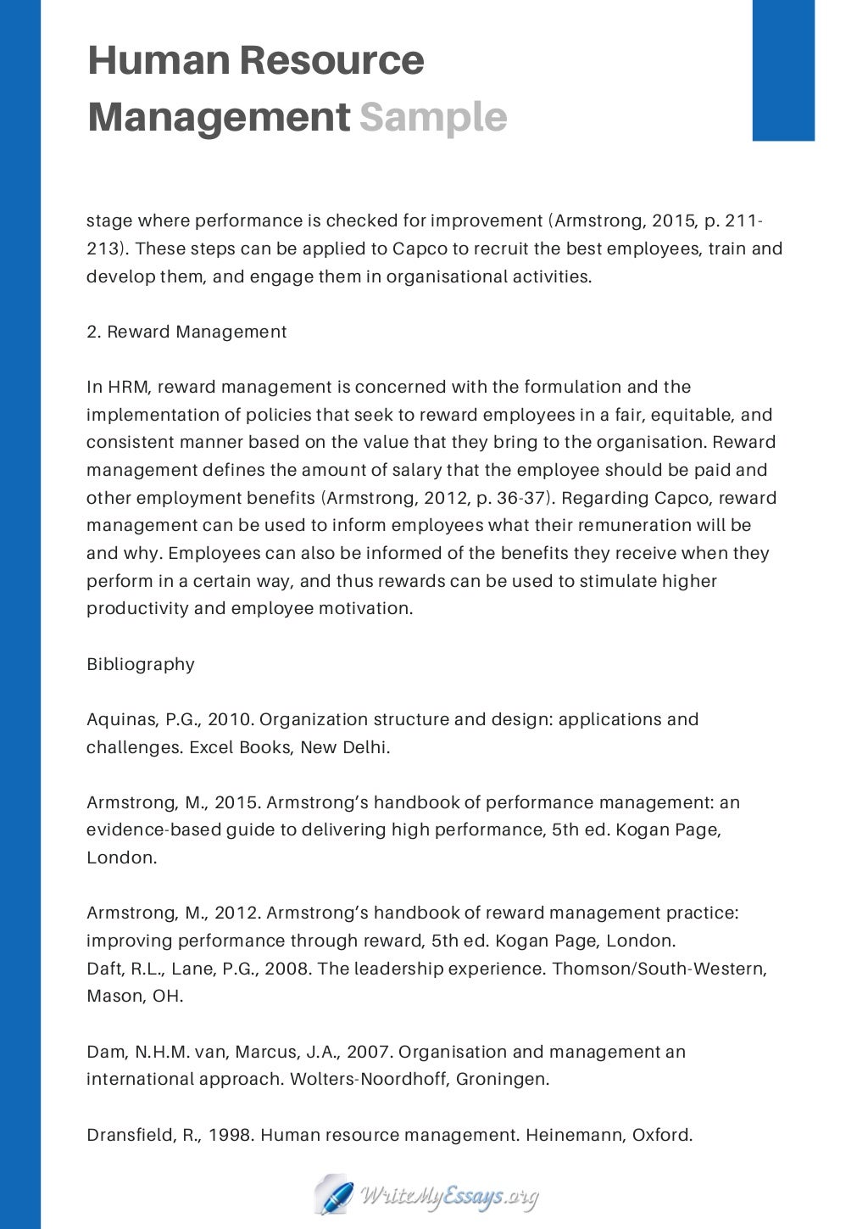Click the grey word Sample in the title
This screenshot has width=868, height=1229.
(x=432, y=117)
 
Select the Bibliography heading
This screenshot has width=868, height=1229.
(x=141, y=664)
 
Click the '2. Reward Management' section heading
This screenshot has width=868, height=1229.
(x=186, y=332)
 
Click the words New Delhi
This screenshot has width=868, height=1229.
(x=344, y=747)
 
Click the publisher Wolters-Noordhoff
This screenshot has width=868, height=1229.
(x=369, y=1079)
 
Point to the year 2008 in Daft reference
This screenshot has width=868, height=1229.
(x=286, y=969)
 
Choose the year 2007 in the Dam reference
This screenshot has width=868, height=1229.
(x=368, y=1052)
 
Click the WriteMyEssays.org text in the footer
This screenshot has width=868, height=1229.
(x=449, y=1197)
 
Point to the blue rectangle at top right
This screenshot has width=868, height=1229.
(x=783, y=70)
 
